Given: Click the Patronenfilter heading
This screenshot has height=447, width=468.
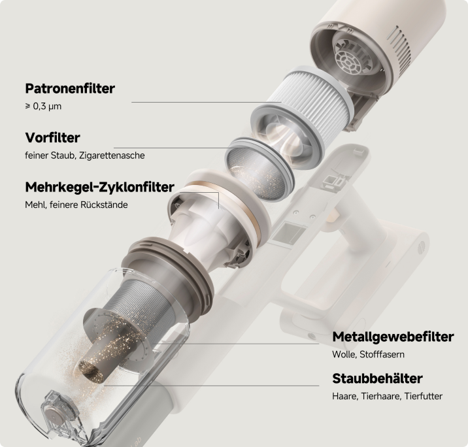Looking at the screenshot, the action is click(70, 89).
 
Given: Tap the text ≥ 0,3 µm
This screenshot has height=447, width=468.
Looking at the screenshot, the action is click(43, 107).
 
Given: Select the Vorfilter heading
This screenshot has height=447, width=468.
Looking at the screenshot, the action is click(52, 138).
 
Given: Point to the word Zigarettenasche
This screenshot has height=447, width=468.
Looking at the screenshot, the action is click(112, 156).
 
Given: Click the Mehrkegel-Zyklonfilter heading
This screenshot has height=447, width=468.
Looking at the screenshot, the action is click(100, 187).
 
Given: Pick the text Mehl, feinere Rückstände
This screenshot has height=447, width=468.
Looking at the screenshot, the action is click(76, 205).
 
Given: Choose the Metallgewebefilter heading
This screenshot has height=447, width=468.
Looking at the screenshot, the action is click(393, 337).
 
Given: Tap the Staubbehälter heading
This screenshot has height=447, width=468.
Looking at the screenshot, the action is click(377, 378).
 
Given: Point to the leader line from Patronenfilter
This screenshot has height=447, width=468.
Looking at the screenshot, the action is click(207, 103).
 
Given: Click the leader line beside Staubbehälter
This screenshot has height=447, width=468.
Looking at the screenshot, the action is click(212, 386).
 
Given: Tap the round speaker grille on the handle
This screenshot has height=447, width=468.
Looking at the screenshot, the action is click(421, 246).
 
